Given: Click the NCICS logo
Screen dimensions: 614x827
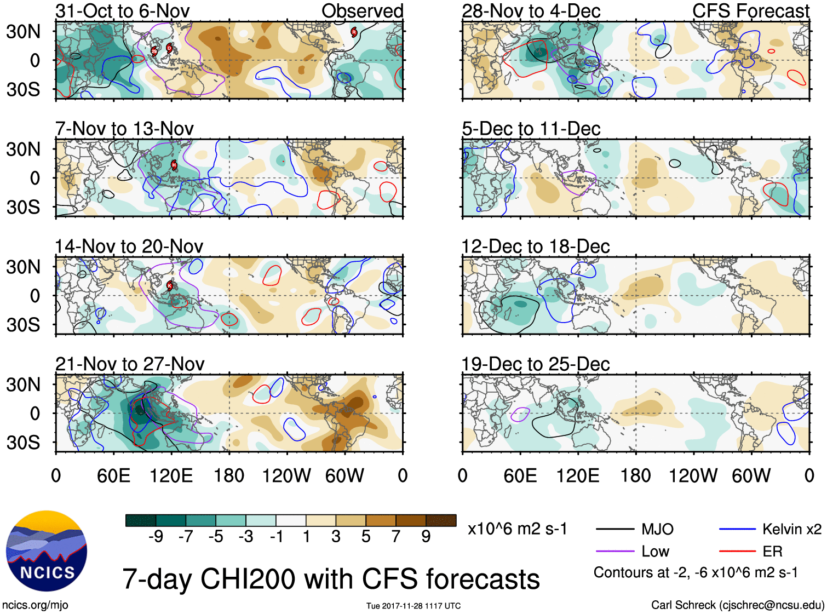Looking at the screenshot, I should [47, 551].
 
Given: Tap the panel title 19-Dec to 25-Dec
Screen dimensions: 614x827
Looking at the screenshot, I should [535, 364].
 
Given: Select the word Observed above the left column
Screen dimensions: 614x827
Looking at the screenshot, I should [362, 11].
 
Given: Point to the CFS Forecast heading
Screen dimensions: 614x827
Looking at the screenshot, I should [750, 11].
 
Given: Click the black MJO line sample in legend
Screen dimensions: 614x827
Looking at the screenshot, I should [615, 529].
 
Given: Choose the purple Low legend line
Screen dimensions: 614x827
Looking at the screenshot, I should [615, 552].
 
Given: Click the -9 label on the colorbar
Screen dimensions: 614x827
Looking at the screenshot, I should [156, 536].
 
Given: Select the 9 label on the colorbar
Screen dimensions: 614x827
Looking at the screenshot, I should [426, 536].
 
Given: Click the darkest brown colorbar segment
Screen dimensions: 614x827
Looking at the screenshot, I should [441, 520].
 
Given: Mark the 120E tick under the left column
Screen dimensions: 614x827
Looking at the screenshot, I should [171, 475].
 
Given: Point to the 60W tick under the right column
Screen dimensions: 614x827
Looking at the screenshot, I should [751, 475].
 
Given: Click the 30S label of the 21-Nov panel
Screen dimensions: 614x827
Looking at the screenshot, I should [23, 443].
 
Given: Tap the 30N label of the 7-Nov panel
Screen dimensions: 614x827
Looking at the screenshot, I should [23, 149].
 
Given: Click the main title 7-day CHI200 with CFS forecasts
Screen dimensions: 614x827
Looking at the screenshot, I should [331, 579].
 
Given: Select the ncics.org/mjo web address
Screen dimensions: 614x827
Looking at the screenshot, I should [35, 605].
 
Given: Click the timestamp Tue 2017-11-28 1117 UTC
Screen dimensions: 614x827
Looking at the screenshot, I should [413, 606].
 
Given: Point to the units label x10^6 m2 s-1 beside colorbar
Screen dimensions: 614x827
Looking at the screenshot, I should [517, 529].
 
